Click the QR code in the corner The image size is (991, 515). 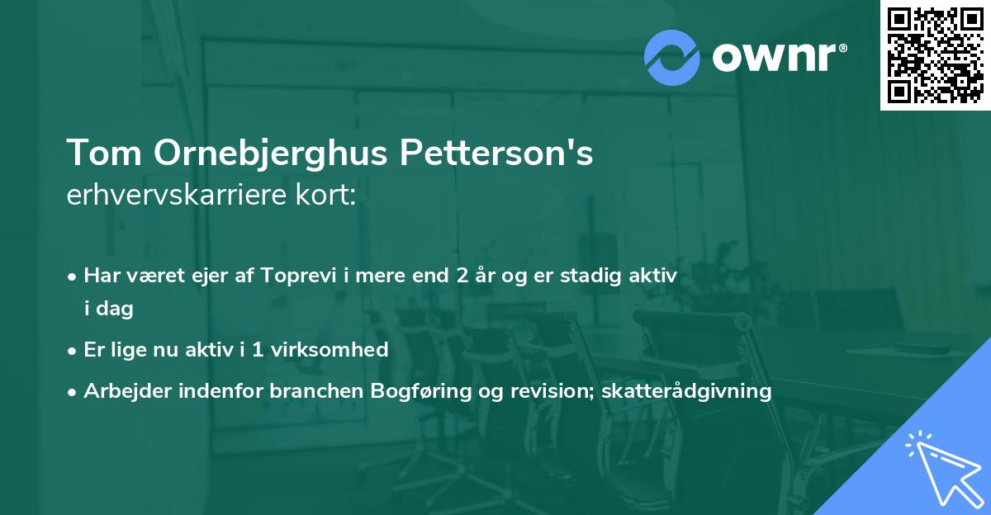[x=935, y=54]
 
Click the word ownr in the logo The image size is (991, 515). [x=778, y=58]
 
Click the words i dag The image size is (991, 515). [x=108, y=309]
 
